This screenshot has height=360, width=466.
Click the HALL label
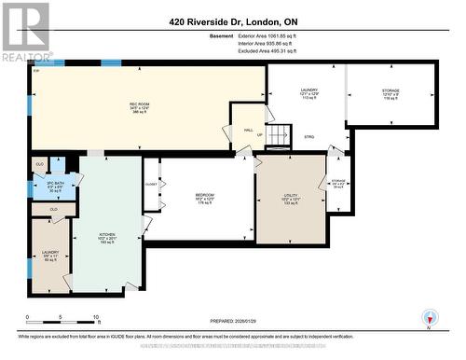248,132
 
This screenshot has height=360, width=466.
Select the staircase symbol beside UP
279,136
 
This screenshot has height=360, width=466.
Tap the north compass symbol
429,317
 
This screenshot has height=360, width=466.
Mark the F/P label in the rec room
36,71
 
